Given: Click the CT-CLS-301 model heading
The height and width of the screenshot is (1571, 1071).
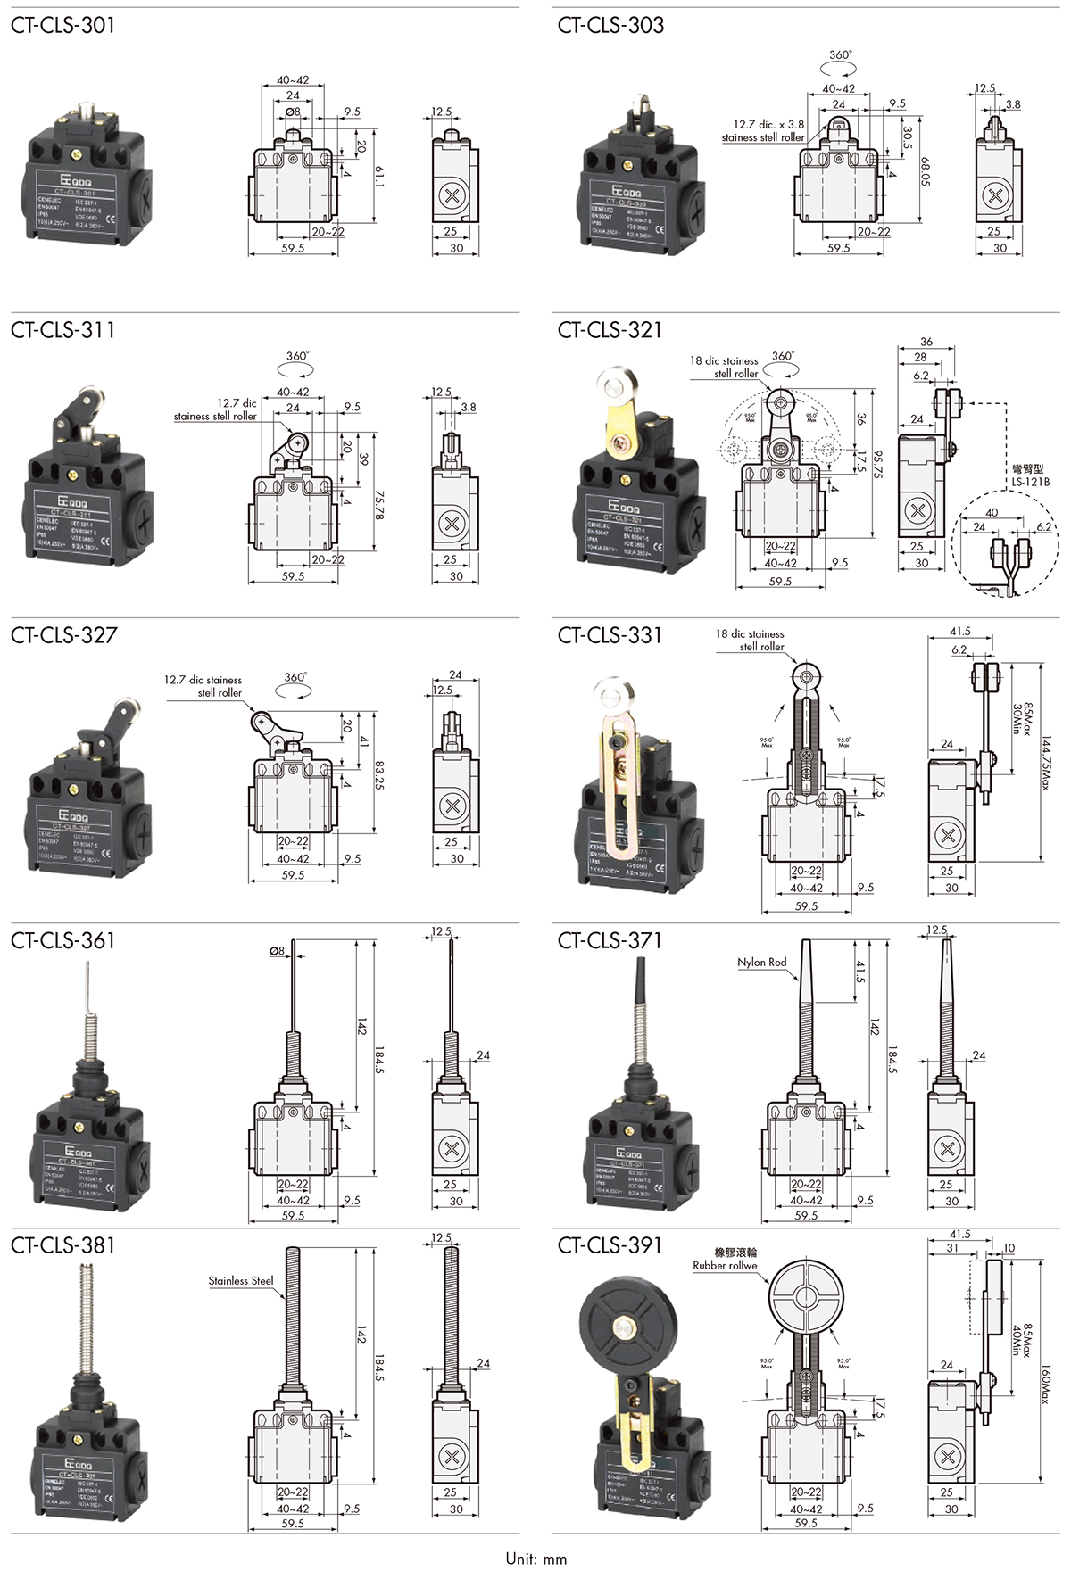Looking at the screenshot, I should tap(63, 25).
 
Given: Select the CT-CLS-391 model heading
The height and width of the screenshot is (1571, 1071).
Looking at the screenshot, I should tap(610, 1244).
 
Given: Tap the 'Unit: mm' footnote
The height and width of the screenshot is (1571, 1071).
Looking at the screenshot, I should tap(535, 1559).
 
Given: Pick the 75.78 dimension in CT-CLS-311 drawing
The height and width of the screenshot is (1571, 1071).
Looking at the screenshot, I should tap(379, 505).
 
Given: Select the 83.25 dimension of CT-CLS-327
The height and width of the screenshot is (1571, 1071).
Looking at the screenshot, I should tap(379, 774).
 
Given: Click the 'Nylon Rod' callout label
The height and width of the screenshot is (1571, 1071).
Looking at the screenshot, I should tap(761, 962).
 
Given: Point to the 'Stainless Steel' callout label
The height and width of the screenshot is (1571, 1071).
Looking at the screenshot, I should tap(241, 1281).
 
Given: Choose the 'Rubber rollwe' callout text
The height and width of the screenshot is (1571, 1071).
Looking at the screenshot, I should tap(725, 1265).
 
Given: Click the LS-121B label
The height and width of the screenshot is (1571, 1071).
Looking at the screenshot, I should tap(1030, 482).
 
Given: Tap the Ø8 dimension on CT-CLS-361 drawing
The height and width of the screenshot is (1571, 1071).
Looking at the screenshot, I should tap(277, 951).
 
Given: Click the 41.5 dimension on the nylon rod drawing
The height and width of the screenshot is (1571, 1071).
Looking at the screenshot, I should tap(860, 972).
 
